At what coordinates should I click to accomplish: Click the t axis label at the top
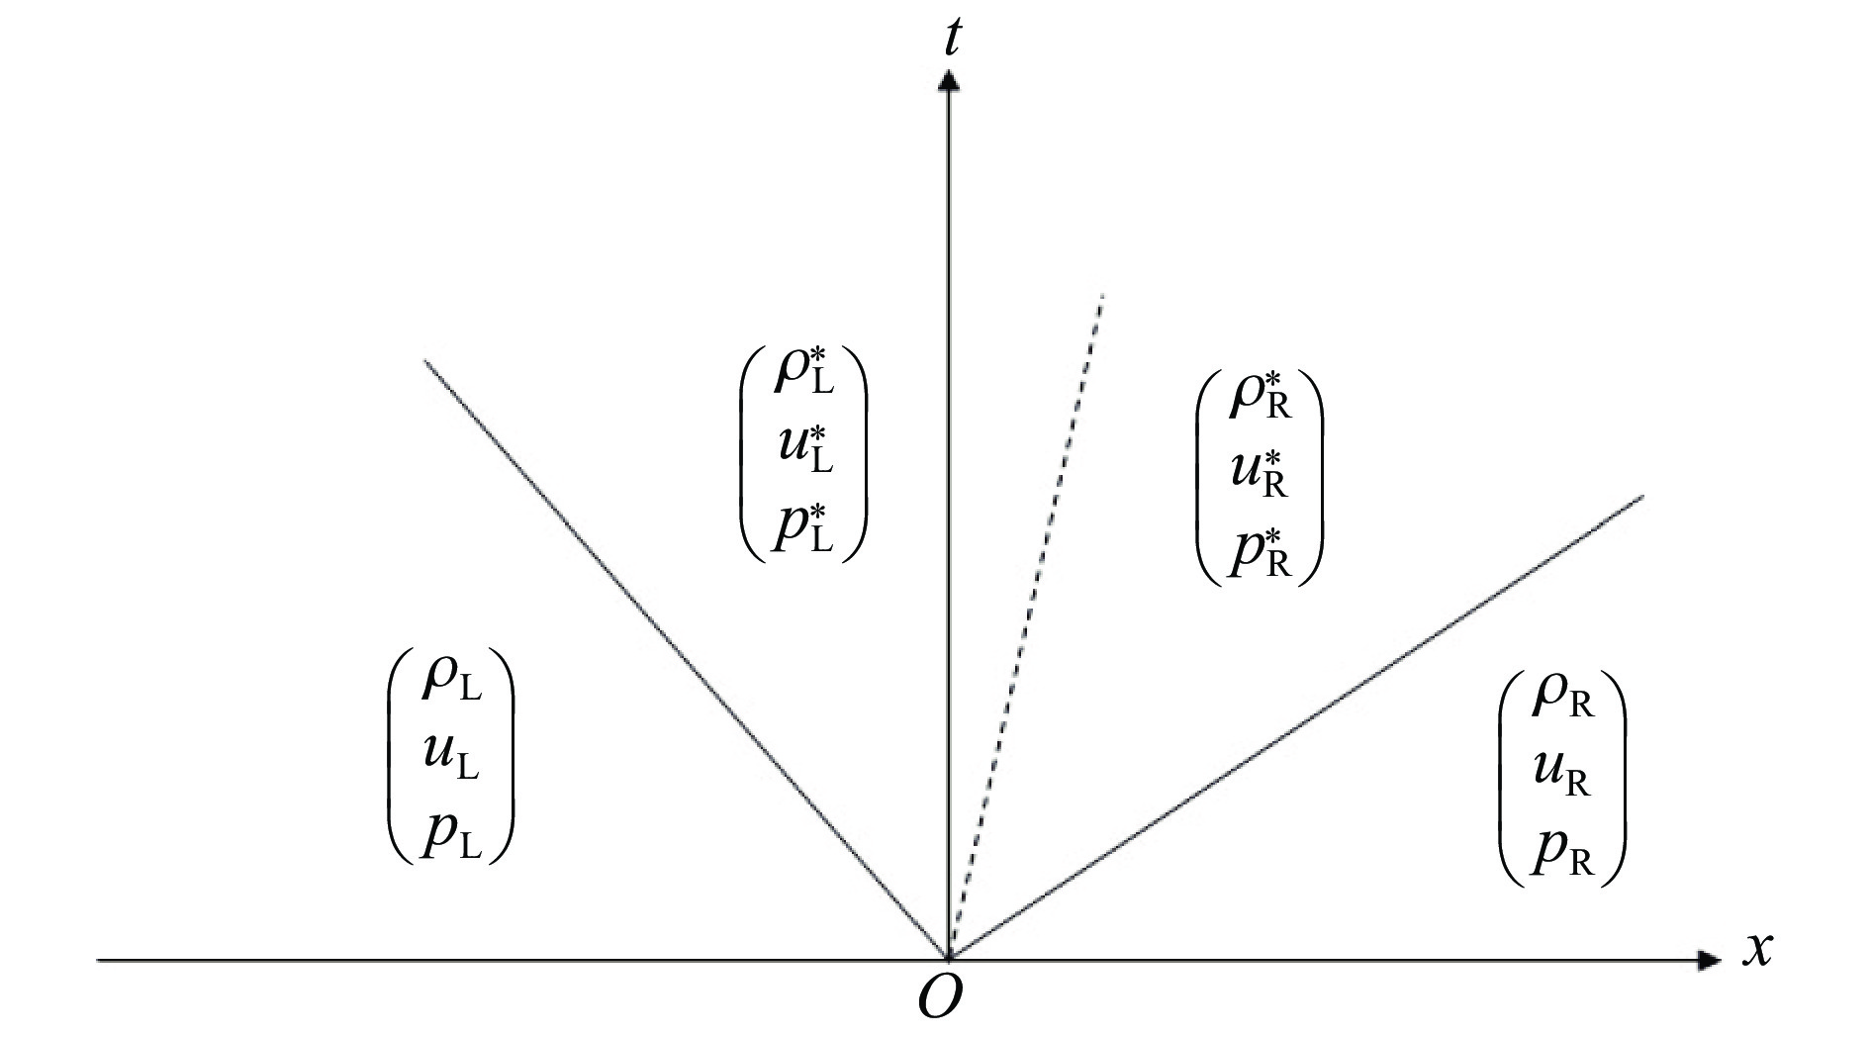pos(953,38)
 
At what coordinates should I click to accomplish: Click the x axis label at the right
pos(1756,950)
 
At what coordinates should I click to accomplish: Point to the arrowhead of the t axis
pos(949,80)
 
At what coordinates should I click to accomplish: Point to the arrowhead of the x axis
pos(1709,960)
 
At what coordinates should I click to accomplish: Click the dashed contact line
pos(1025,626)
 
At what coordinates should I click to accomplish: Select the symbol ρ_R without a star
pos(1563,696)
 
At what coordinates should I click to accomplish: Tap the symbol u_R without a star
pos(1562,775)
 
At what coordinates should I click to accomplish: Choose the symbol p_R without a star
pos(1562,853)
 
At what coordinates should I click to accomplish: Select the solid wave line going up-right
pos(1296,727)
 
